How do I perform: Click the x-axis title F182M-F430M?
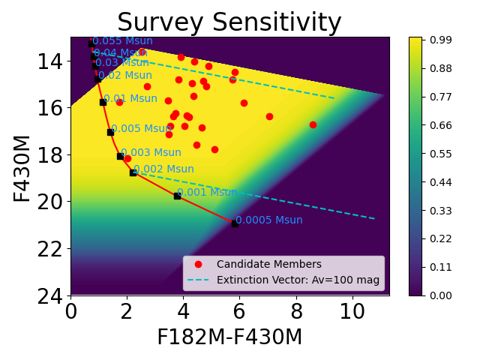229,337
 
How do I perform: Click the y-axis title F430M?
22,167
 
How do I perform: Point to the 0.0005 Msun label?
268,220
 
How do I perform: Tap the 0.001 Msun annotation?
207,193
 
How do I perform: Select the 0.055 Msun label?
122,41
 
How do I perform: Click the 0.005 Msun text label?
141,129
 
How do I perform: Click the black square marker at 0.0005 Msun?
235,223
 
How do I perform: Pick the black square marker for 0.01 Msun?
103,102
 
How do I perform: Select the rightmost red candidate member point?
313,124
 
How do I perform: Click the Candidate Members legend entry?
268,265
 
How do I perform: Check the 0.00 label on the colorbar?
440,295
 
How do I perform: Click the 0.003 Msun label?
151,153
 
